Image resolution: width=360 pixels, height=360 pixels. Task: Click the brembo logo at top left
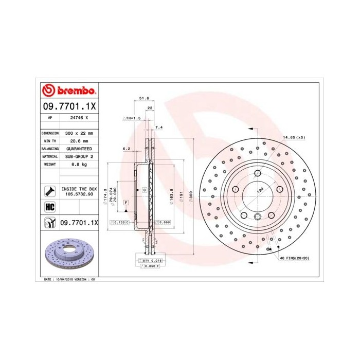pos(68,91)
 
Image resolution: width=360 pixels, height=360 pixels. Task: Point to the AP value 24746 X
pos(76,118)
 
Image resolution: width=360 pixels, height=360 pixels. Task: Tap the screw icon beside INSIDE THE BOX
pos(50,192)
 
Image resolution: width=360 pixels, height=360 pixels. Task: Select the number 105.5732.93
pos(76,195)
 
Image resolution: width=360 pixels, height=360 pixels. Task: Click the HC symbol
pos(50,207)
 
